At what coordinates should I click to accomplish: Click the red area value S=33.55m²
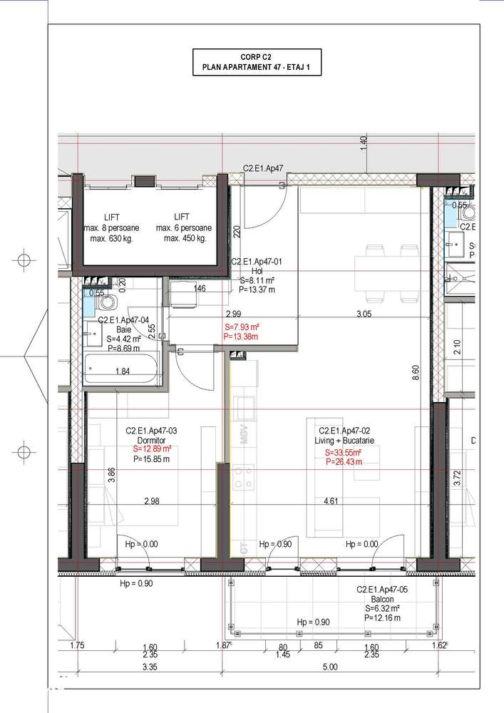[342, 452]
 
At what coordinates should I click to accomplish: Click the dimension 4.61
[330, 501]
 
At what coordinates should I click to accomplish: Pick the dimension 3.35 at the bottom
[150, 667]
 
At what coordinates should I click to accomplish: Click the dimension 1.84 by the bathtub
[123, 371]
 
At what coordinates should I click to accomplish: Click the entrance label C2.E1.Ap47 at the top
[264, 169]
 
